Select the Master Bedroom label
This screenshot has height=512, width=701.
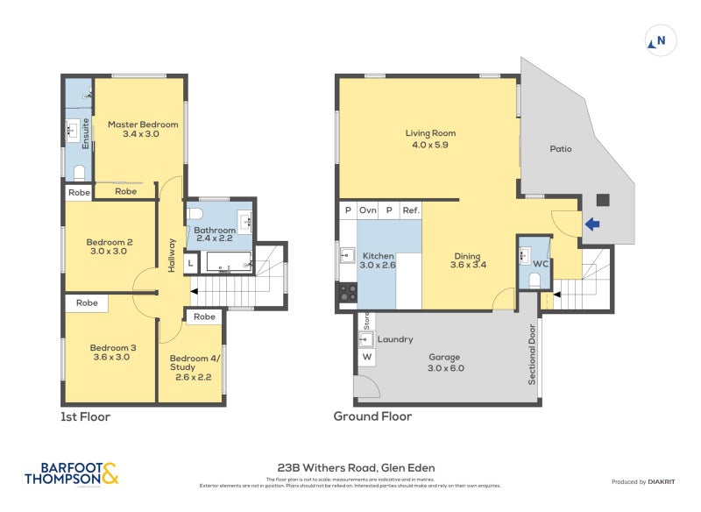pyautogui.click(x=143, y=129)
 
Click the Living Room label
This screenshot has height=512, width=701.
pyautogui.click(x=430, y=139)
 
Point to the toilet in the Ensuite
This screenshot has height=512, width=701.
pyautogui.click(x=79, y=172)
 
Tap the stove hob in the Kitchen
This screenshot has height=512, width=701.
pyautogui.click(x=347, y=292)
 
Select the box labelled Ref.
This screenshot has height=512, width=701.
pyautogui.click(x=411, y=210)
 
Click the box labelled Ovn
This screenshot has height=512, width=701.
pyautogui.click(x=368, y=210)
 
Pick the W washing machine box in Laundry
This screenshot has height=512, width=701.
pyautogui.click(x=366, y=357)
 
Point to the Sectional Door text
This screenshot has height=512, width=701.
pyautogui.click(x=531, y=355)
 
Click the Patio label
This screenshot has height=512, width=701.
pyautogui.click(x=561, y=149)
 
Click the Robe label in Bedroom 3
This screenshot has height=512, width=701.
pyautogui.click(x=87, y=303)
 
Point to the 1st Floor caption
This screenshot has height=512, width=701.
pyautogui.click(x=85, y=416)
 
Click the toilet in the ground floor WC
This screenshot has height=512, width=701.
pyautogui.click(x=534, y=281)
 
